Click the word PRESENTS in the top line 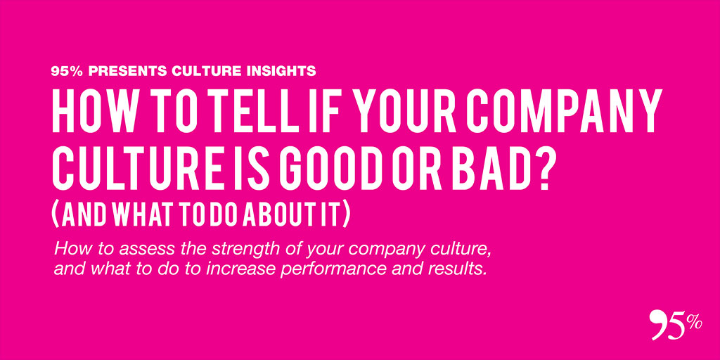[127, 71]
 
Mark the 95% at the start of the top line [67, 71]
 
